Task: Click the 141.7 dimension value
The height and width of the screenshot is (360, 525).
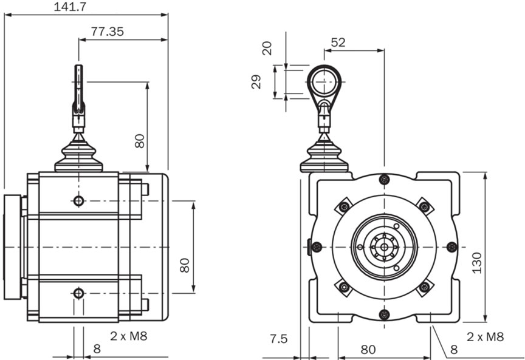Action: (70, 7)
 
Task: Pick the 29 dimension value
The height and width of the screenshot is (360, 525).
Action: (256, 82)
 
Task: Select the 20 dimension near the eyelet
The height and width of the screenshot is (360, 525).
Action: (267, 48)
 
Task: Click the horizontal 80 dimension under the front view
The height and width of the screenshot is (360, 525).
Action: (369, 349)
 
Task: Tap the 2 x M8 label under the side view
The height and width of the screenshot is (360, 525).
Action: (129, 335)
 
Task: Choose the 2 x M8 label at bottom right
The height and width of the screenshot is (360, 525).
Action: (486, 335)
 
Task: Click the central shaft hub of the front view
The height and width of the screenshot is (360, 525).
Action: (383, 246)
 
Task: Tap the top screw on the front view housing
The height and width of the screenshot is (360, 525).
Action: (383, 179)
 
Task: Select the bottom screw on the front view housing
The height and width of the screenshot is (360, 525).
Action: (383, 314)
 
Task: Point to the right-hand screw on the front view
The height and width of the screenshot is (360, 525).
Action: (451, 246)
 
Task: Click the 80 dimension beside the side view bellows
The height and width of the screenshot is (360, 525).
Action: (139, 141)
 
